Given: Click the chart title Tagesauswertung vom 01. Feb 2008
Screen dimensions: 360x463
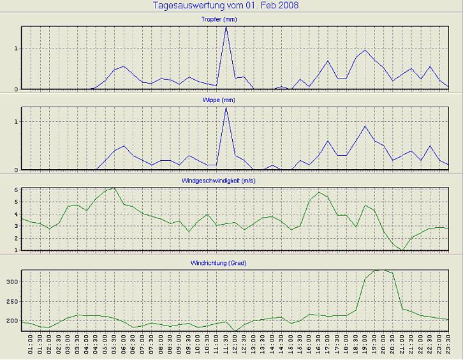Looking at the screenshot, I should [226, 6].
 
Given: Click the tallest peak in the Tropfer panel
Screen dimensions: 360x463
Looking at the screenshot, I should [226, 27].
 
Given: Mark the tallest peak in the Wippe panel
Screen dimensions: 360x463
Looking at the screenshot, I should [226, 107].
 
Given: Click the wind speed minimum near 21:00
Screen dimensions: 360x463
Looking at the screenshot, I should [403, 250].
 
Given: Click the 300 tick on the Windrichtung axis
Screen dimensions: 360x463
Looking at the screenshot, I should [13, 281].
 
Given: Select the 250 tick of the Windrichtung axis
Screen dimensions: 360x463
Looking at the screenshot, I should [13, 301].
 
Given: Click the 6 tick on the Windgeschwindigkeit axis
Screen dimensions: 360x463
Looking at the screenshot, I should [17, 190].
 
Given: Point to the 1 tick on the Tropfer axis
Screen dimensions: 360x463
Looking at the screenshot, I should [17, 49].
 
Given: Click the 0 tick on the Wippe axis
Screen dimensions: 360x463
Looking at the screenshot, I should [17, 170].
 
